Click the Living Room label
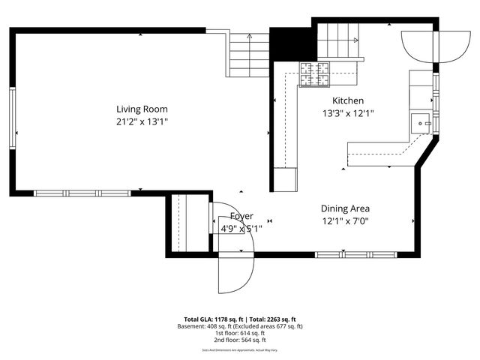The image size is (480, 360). click(x=141, y=109)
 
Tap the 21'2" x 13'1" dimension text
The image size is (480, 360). click(x=141, y=121)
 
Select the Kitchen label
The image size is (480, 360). click(x=348, y=100)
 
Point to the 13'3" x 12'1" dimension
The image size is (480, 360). click(x=348, y=113)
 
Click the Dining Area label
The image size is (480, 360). click(x=345, y=208)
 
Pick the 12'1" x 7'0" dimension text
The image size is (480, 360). click(x=345, y=221)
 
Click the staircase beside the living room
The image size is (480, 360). click(x=248, y=54)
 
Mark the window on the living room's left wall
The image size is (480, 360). click(x=12, y=118)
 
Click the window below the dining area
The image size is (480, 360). click(x=356, y=255)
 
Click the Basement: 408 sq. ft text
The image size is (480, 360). click(x=208, y=325)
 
